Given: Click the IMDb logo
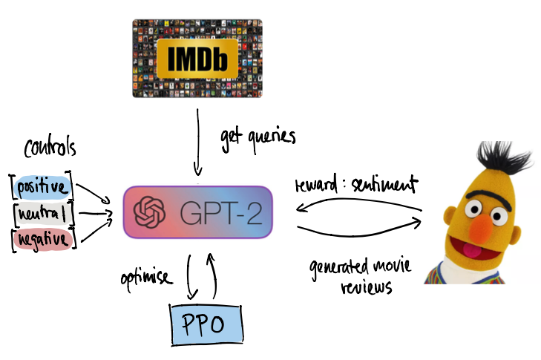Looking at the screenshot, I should pos(197,57).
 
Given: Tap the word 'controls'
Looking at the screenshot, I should pos(50,148).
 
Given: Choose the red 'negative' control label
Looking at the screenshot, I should pos(42,239).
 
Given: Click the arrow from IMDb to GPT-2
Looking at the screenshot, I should pos(197,141).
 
